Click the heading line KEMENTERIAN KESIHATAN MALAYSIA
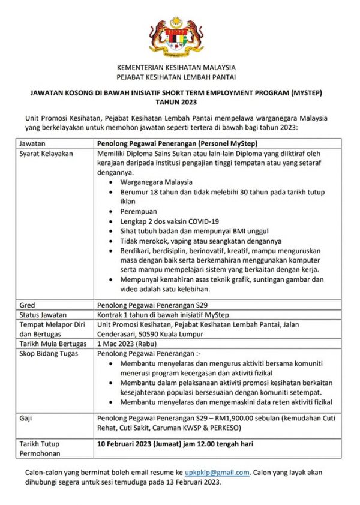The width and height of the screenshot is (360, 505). point(176,68)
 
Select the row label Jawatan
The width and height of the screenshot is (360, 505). point(32,144)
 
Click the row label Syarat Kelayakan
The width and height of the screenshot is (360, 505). point(46,154)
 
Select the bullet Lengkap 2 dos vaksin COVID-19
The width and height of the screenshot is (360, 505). point(170,221)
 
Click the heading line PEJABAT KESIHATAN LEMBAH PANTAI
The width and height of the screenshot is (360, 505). point(176,77)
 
